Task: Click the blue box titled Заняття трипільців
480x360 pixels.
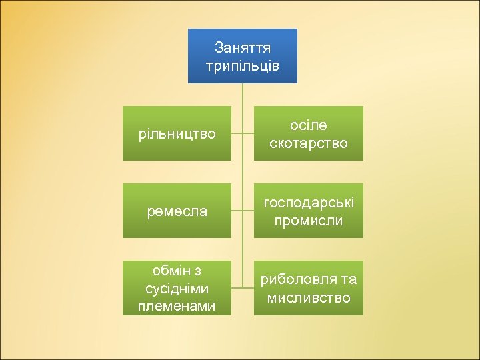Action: [x=242, y=56]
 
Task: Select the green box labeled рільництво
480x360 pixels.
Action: [x=177, y=133]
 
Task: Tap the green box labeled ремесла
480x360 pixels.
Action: [x=177, y=211]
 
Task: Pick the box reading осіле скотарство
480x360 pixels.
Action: [x=309, y=133]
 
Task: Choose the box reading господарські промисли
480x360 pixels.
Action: [x=309, y=211]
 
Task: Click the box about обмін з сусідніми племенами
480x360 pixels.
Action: [x=177, y=288]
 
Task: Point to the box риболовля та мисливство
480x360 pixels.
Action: [x=309, y=288]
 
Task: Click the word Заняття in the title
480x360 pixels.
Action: [x=243, y=48]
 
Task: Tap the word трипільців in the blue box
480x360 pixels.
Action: [x=242, y=66]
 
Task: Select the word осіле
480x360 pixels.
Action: [x=309, y=125]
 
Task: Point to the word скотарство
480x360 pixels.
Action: [x=309, y=143]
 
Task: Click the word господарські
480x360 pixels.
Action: [x=309, y=202]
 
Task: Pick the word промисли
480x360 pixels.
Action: [x=309, y=220]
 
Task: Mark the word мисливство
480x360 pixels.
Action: [x=309, y=298]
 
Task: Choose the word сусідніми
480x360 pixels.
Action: [x=177, y=289]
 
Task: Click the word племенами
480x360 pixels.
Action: [x=177, y=306]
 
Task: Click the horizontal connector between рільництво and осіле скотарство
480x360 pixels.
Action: [x=243, y=133]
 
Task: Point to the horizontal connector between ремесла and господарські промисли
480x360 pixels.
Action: [x=243, y=211]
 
